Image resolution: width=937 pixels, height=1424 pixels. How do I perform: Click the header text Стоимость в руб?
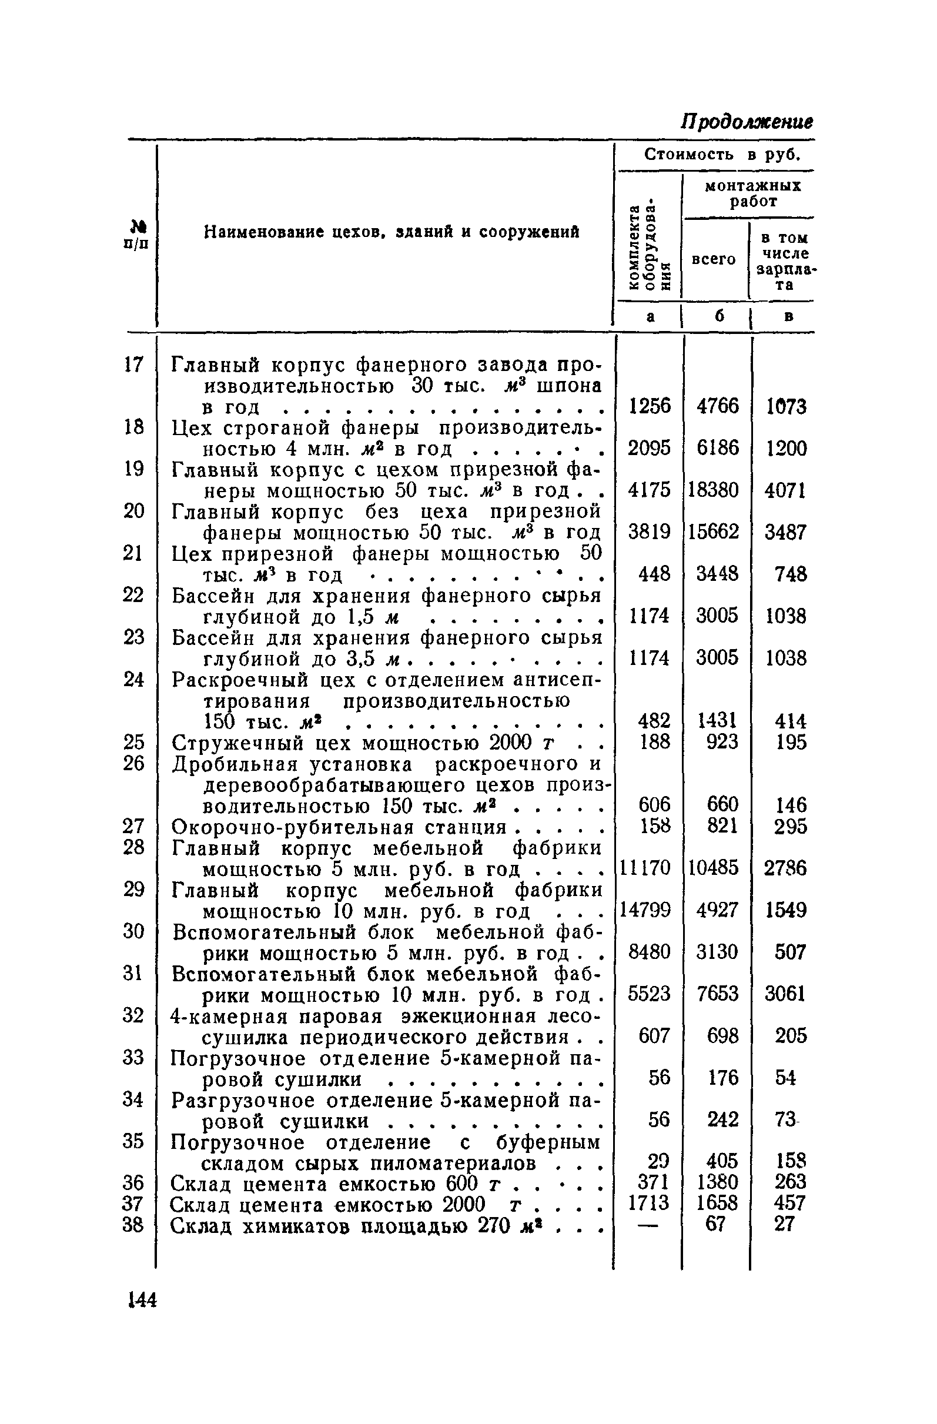click(722, 155)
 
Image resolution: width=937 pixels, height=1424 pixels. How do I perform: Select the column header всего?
click(713, 260)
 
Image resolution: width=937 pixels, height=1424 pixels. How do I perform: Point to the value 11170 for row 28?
click(644, 868)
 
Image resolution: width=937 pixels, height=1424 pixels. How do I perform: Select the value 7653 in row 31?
click(717, 994)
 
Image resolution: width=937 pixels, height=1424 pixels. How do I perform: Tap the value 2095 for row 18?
click(648, 448)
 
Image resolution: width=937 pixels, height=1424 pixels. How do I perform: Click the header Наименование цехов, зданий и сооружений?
click(392, 232)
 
